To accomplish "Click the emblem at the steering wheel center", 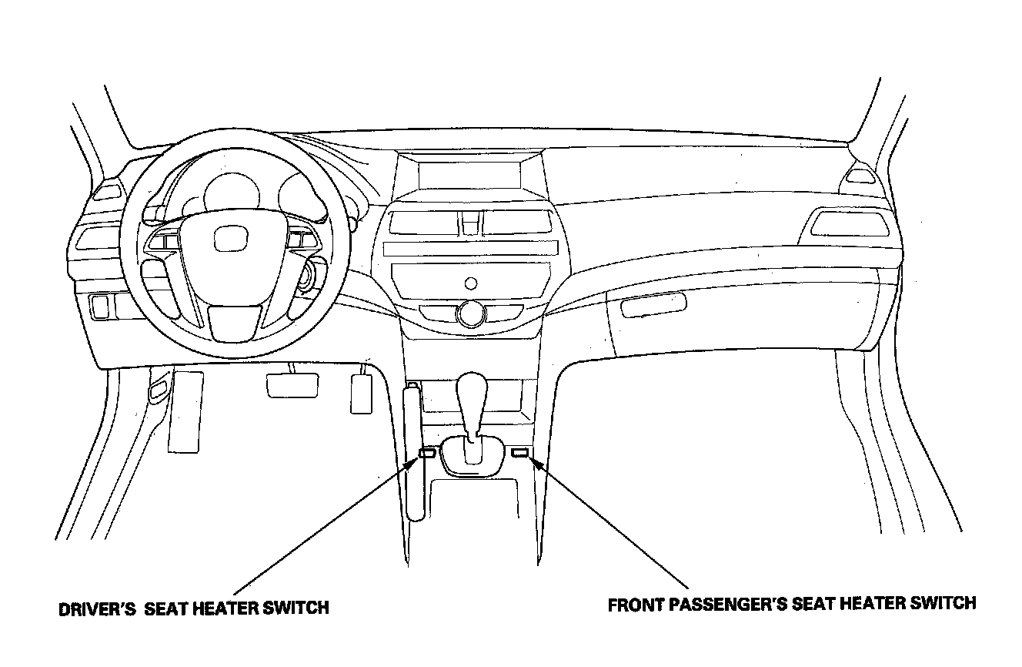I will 228,240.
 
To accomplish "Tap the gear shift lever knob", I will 471,397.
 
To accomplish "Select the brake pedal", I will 292,384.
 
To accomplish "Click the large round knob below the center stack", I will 469,313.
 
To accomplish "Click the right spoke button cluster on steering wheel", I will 299,240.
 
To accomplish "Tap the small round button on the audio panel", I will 469,282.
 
